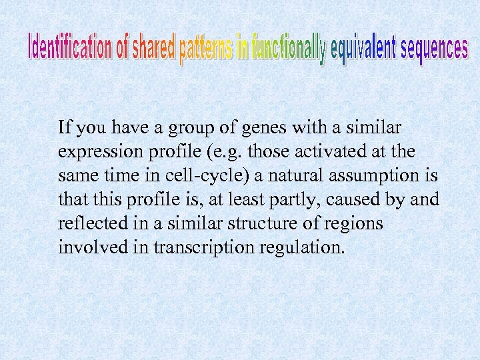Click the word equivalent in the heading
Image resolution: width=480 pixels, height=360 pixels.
(x=362, y=52)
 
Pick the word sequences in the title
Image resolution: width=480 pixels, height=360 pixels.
(x=433, y=49)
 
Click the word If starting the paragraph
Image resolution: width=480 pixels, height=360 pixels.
(x=65, y=127)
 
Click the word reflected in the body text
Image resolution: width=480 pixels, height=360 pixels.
(x=87, y=223)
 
